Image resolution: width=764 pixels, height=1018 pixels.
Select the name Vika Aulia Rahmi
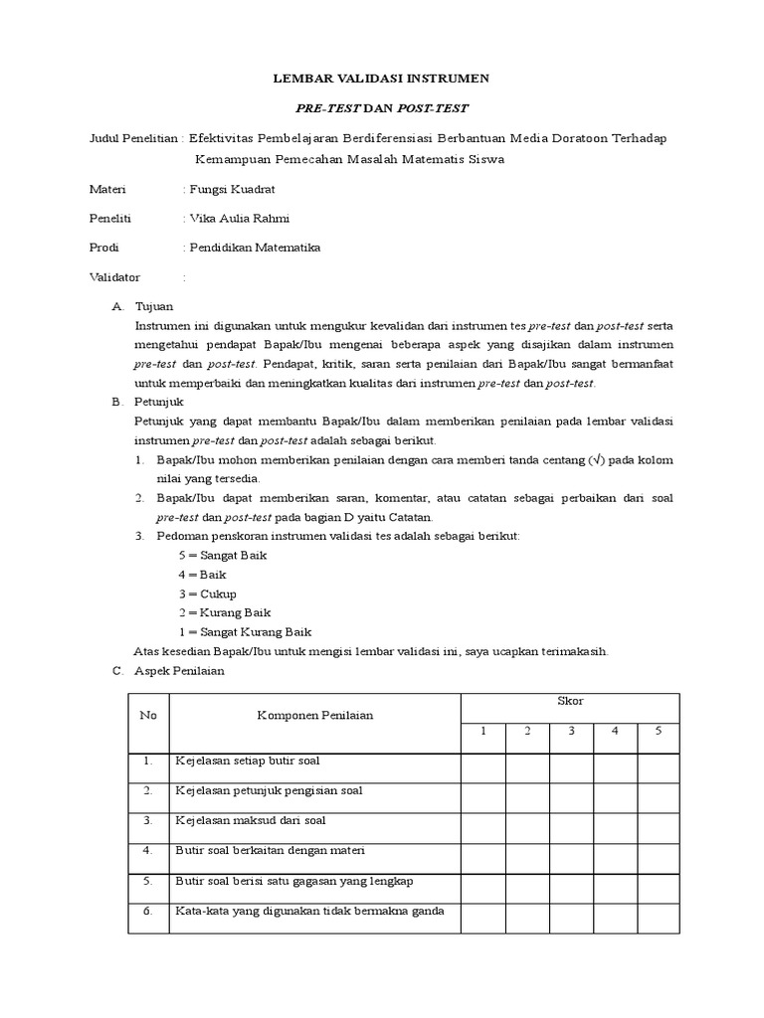241,218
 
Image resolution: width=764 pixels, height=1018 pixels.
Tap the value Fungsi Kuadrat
233,188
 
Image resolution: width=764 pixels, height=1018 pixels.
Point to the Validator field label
115,277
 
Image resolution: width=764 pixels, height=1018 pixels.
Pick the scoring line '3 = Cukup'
207,594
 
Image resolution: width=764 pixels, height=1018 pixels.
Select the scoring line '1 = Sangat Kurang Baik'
245,631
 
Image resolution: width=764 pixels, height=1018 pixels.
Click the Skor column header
570,702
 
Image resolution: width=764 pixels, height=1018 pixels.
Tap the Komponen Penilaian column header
315,716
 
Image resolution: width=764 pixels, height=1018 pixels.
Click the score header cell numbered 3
572,732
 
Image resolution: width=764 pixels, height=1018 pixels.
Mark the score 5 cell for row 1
658,768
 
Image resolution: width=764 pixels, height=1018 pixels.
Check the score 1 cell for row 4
482,858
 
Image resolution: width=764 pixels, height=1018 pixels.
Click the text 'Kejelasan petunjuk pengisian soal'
269,790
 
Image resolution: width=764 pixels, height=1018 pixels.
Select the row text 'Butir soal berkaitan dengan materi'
271,851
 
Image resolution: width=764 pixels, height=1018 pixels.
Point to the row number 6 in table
147,911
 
